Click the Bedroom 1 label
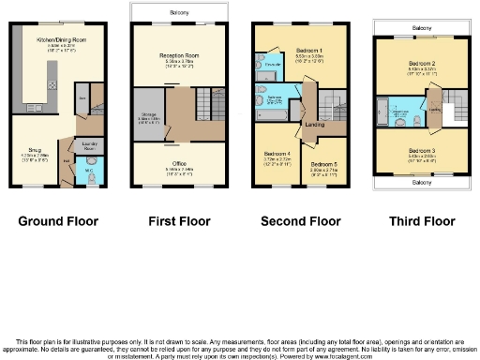point(309,50)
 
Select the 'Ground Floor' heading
point(58,222)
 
